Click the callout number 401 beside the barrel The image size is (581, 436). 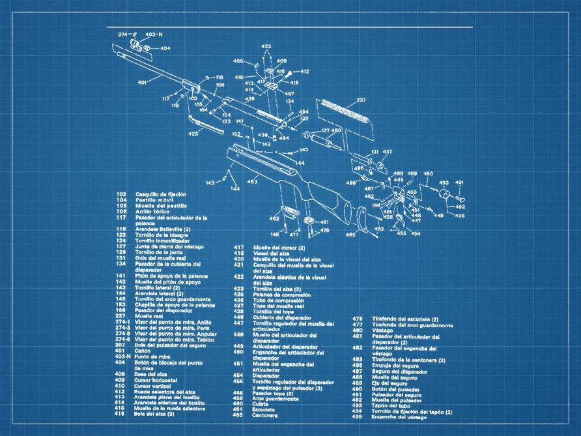click(142, 83)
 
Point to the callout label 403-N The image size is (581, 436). click(154, 34)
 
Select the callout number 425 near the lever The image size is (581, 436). click(193, 133)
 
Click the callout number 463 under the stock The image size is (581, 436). click(251, 182)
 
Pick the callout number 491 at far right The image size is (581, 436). click(459, 182)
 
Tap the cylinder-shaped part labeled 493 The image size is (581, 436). click(446, 194)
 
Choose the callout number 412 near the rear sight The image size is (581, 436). click(304, 71)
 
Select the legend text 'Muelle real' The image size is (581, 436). click(149, 315)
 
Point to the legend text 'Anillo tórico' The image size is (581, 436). click(152, 211)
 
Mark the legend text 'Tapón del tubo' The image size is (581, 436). click(391, 405)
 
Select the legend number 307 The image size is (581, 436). click(121, 344)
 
